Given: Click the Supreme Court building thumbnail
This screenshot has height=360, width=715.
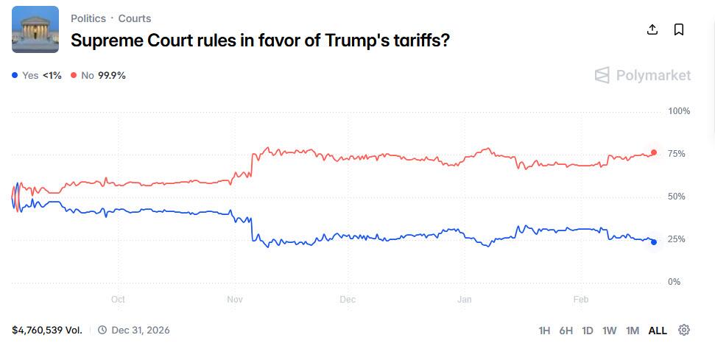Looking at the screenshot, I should tap(35, 29).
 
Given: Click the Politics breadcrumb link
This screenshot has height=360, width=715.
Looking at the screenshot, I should tap(88, 18).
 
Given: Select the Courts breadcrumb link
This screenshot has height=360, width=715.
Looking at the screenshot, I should tap(135, 18).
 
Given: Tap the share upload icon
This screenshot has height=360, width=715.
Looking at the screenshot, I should tap(652, 29).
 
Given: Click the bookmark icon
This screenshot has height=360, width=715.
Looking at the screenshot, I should tap(679, 29).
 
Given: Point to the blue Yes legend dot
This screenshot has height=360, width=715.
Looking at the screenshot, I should tap(15, 75).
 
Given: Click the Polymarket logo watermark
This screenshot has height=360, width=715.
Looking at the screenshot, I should tap(643, 75).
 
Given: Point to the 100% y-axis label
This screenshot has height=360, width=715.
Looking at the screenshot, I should tap(678, 111).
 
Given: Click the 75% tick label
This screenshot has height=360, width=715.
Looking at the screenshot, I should tap(676, 154).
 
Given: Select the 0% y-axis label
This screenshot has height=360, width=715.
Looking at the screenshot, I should tap(675, 282).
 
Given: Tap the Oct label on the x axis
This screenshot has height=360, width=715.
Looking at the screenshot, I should tap(118, 300).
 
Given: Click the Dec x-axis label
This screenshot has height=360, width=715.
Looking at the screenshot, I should tap(348, 300).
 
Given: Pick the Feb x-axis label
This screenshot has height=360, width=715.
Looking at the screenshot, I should tap(581, 300).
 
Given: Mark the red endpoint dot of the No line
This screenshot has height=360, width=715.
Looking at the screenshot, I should tap(653, 152).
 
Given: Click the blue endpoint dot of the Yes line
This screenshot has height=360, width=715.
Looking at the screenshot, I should tap(653, 242).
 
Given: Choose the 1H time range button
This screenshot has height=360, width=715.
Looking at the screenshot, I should tap(544, 331).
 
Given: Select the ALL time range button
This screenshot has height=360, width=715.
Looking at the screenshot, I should tap(658, 331).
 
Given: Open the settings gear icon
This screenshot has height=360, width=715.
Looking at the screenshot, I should tap(684, 330).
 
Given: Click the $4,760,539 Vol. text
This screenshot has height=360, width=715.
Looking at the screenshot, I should tap(47, 330).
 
